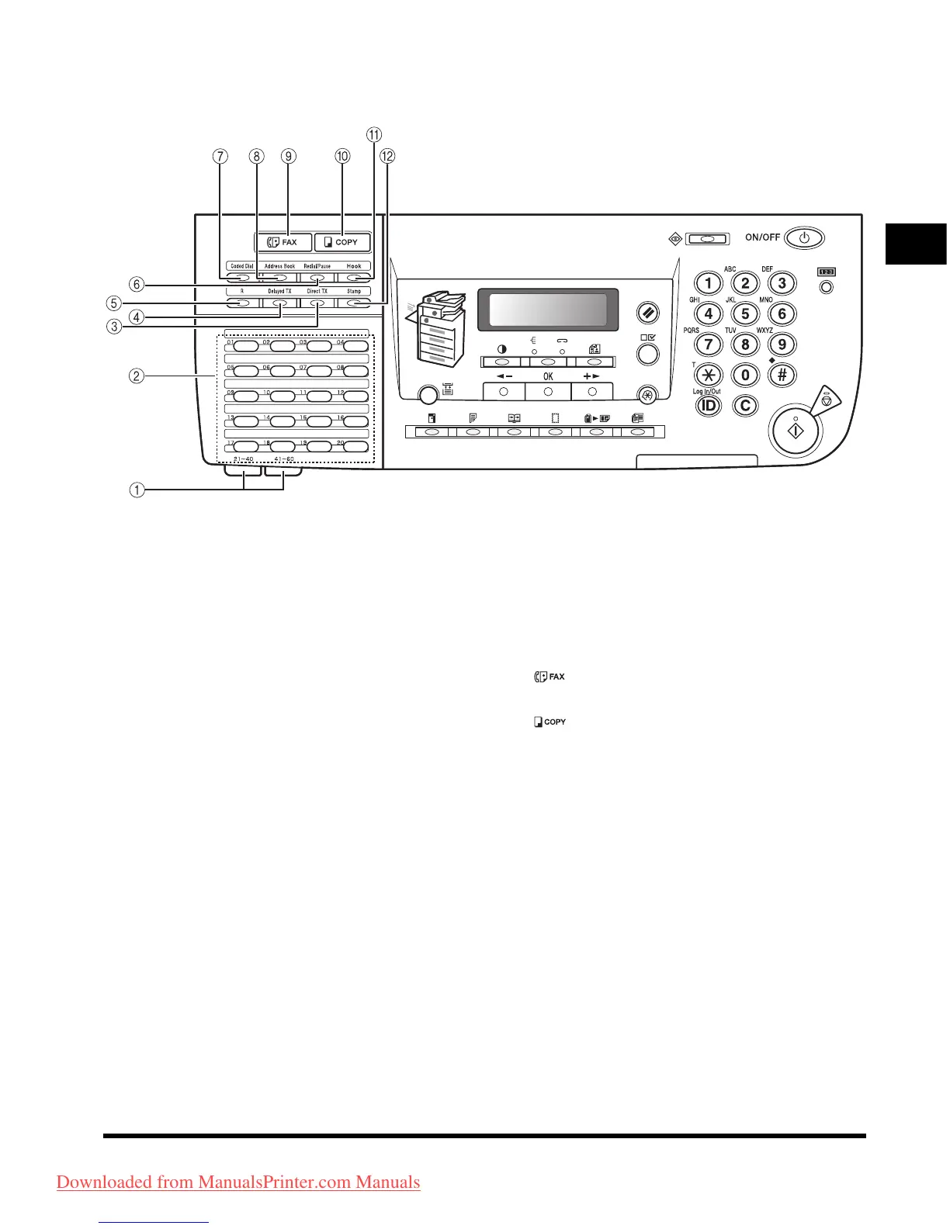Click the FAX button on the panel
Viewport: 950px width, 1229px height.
coord(283,242)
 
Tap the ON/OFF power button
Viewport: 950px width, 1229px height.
coord(804,237)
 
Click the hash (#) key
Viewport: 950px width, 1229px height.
coord(782,376)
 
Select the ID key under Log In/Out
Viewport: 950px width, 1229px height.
coord(708,405)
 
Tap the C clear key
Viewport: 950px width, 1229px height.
coord(745,405)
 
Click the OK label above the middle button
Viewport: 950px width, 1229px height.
coord(548,376)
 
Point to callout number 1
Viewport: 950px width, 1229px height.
coord(137,490)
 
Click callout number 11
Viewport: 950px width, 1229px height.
coord(374,135)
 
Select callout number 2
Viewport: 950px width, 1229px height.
coord(137,376)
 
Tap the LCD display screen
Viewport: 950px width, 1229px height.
coord(547,309)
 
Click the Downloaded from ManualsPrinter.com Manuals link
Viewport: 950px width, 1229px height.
coord(238,1182)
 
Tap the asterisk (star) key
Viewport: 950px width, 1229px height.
coord(708,376)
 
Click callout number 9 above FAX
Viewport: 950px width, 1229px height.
coord(289,156)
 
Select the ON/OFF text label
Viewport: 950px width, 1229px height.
coord(762,237)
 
